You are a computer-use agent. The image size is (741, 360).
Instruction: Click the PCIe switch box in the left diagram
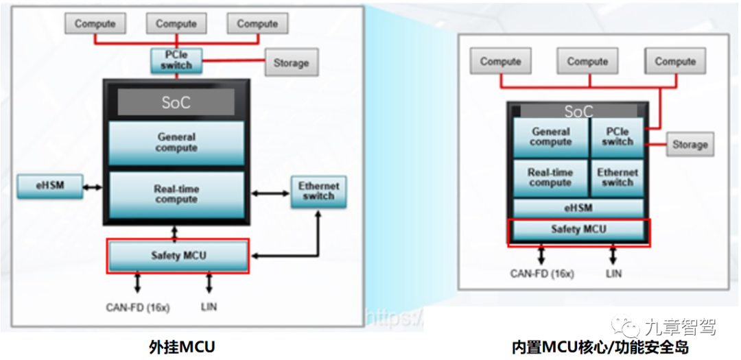click(x=176, y=60)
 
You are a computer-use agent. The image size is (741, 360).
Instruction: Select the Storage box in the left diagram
click(x=291, y=63)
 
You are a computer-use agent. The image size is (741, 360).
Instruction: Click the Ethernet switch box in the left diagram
click(x=318, y=191)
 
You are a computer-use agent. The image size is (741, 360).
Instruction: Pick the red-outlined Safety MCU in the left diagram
click(x=178, y=256)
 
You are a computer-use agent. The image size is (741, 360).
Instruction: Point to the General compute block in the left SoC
click(x=176, y=143)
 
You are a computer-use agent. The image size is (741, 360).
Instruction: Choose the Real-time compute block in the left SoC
click(x=176, y=194)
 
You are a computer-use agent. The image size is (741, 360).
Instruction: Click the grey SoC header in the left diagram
click(x=176, y=103)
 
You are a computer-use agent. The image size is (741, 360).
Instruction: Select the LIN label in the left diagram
click(x=209, y=307)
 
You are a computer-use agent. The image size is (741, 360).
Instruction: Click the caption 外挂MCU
click(x=182, y=347)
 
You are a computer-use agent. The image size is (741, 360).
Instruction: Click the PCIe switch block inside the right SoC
click(x=617, y=136)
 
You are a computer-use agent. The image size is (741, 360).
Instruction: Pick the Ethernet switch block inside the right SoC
click(x=617, y=178)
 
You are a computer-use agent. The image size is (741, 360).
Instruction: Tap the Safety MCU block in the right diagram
click(x=578, y=230)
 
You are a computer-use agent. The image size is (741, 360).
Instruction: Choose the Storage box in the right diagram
click(x=690, y=145)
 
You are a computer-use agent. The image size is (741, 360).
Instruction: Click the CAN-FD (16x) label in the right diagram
click(x=542, y=274)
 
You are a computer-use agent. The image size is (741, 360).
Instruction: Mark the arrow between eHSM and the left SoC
click(x=93, y=185)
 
